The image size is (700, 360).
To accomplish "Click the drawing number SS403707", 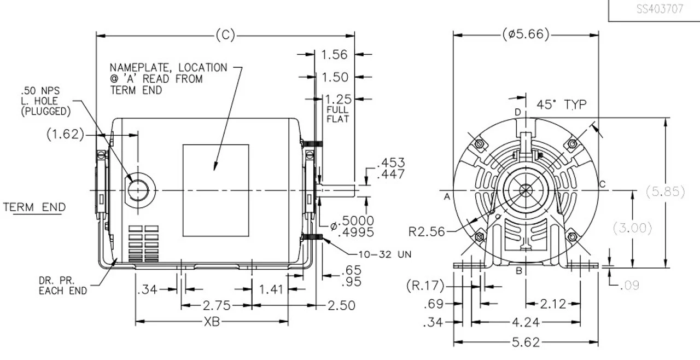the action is pos(660,9).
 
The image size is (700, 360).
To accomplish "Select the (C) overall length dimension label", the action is pos(225,35).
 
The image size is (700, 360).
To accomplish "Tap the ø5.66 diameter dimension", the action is pos(526,34).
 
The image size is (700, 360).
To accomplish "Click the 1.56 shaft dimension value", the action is pos(334,55).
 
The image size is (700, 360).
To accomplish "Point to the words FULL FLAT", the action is pos(337,114).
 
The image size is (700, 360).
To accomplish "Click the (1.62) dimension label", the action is pos(65,134).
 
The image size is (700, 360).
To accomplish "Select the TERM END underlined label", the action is pos(34,207).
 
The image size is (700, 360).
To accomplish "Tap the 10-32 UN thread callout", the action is pos(384,254).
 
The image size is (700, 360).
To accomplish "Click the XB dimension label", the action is pos(212,322).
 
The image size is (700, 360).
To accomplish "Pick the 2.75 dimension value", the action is pos(217,305).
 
